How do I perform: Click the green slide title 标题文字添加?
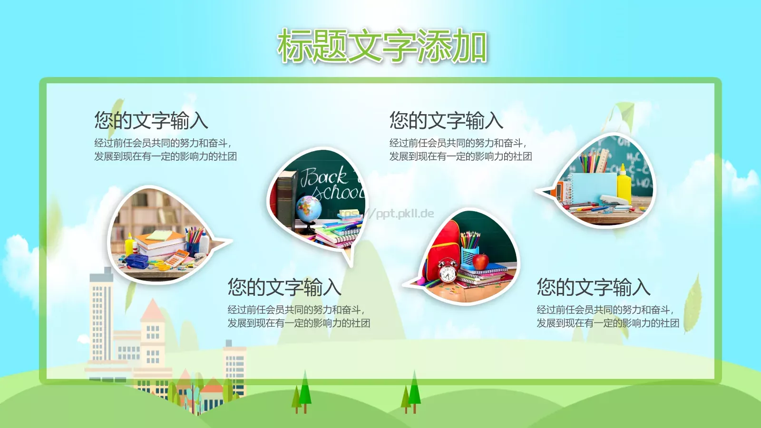click(x=382, y=46)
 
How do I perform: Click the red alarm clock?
click(x=447, y=272)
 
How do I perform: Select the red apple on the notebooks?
click(x=480, y=261)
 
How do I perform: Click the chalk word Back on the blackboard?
click(x=323, y=177)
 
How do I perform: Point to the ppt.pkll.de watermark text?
click(x=404, y=213)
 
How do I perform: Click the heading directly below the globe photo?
click(x=284, y=287)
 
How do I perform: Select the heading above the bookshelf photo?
click(x=151, y=120)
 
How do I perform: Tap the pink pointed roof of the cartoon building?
click(x=153, y=310)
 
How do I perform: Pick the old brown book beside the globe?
click(x=285, y=200)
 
